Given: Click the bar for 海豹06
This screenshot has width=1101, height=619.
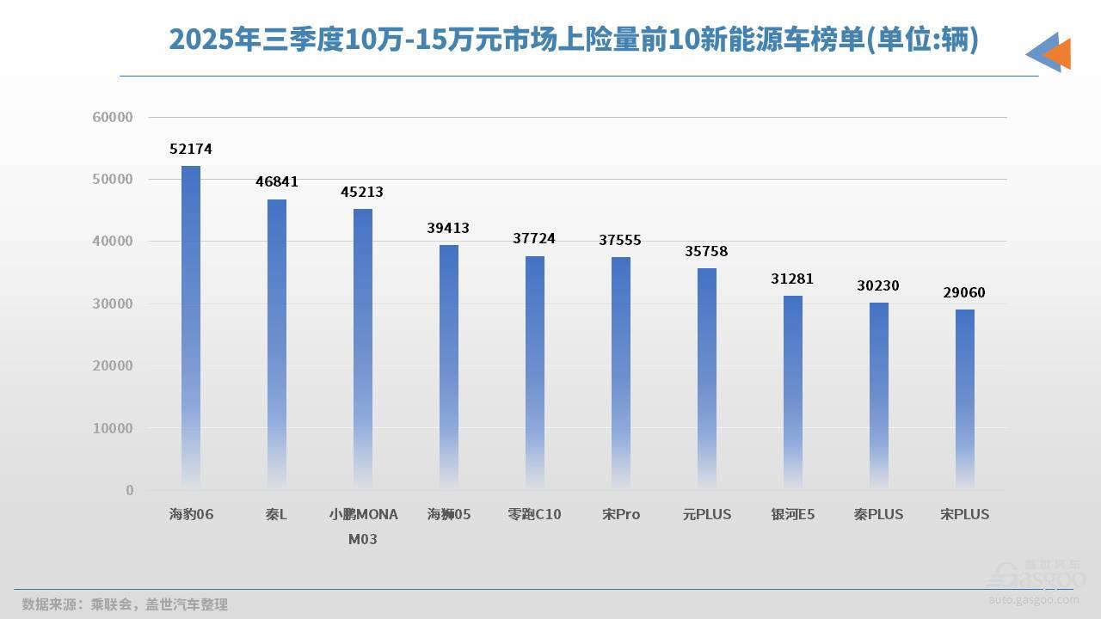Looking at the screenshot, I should pos(191,327).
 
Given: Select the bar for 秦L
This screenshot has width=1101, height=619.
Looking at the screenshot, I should pos(277,344).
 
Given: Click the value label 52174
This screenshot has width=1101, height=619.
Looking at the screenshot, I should pos(191,150).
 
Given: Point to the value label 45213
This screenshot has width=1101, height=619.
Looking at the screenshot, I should pos(363,193).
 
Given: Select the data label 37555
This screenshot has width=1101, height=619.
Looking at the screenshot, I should pos(621,241).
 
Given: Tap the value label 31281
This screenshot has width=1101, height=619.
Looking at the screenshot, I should pos(793,279).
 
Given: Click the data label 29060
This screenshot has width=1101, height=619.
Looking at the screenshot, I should pos(965,293).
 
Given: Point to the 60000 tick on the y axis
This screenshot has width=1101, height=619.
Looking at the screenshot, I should pos(113,117).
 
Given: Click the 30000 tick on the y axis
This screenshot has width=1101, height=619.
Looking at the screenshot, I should pos(113,303).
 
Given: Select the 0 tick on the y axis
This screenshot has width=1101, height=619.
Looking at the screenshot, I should pos(130,490).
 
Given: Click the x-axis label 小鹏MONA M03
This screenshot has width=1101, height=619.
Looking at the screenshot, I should pos(363,526).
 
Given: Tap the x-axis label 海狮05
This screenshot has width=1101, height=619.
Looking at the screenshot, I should pos(449,515).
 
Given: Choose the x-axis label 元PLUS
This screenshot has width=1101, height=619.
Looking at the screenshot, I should pos(707,515).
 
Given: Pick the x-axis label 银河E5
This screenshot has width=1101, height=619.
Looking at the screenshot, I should pos(793,515).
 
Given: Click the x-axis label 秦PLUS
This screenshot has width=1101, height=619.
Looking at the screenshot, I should pos(879,515).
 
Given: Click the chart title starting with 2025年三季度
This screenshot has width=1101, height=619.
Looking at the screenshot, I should pos(574,40).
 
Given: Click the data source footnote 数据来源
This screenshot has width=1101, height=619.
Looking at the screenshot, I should pos(125,604).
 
